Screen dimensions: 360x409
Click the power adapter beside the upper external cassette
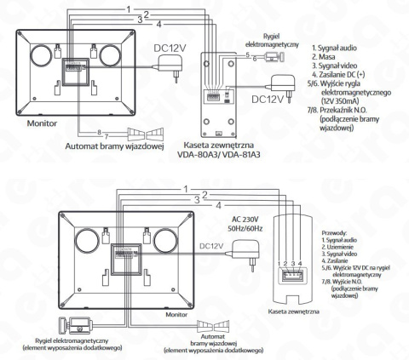(x=276, y=83)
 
